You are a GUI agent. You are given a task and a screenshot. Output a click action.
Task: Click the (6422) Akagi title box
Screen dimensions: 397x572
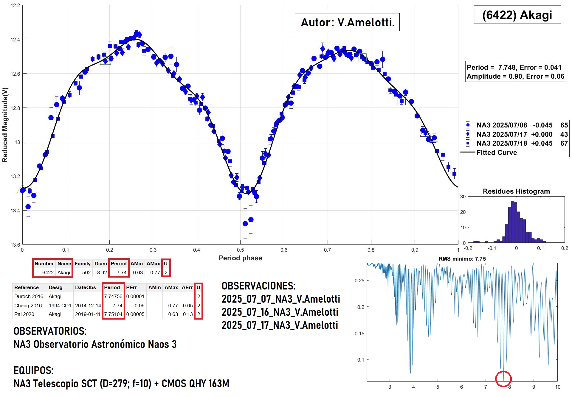[517, 15]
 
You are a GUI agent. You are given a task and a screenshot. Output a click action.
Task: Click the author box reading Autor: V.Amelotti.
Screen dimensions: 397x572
[347, 22]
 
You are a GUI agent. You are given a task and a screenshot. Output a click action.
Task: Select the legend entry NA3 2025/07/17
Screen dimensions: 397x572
[501, 134]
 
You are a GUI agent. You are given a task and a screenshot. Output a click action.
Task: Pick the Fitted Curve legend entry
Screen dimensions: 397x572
[497, 152]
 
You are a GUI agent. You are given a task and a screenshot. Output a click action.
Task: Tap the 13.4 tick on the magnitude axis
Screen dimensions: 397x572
[15, 211]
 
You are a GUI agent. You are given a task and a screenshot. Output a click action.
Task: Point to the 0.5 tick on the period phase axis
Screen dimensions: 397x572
[240, 250]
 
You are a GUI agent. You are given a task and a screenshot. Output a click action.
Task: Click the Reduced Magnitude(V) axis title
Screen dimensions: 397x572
[5, 125]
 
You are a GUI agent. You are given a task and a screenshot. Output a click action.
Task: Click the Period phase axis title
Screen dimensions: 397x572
[240, 258]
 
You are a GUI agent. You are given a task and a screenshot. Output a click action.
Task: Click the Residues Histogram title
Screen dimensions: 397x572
[516, 192]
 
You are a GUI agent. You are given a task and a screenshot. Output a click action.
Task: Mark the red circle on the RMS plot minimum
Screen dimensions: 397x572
[503, 379]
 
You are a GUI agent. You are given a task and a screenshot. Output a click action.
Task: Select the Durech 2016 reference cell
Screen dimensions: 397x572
[29, 296]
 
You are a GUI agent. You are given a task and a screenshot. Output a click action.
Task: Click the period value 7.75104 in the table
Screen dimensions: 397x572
[113, 314]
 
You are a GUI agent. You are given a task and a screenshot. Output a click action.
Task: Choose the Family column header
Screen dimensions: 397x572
[83, 264]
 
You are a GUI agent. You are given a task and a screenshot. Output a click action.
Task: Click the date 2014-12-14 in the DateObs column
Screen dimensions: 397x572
[88, 306]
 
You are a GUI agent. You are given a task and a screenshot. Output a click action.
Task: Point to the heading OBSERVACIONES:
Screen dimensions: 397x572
[258, 286]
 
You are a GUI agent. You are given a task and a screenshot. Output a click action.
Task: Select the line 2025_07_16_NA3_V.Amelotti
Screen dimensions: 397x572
[280, 312]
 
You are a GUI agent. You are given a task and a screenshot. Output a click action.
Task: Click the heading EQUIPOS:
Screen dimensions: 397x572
[33, 370]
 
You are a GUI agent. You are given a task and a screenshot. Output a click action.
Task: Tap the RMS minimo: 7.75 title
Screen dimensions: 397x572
[462, 259]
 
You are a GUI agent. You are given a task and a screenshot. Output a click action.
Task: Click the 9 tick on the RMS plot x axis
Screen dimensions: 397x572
[534, 387]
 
